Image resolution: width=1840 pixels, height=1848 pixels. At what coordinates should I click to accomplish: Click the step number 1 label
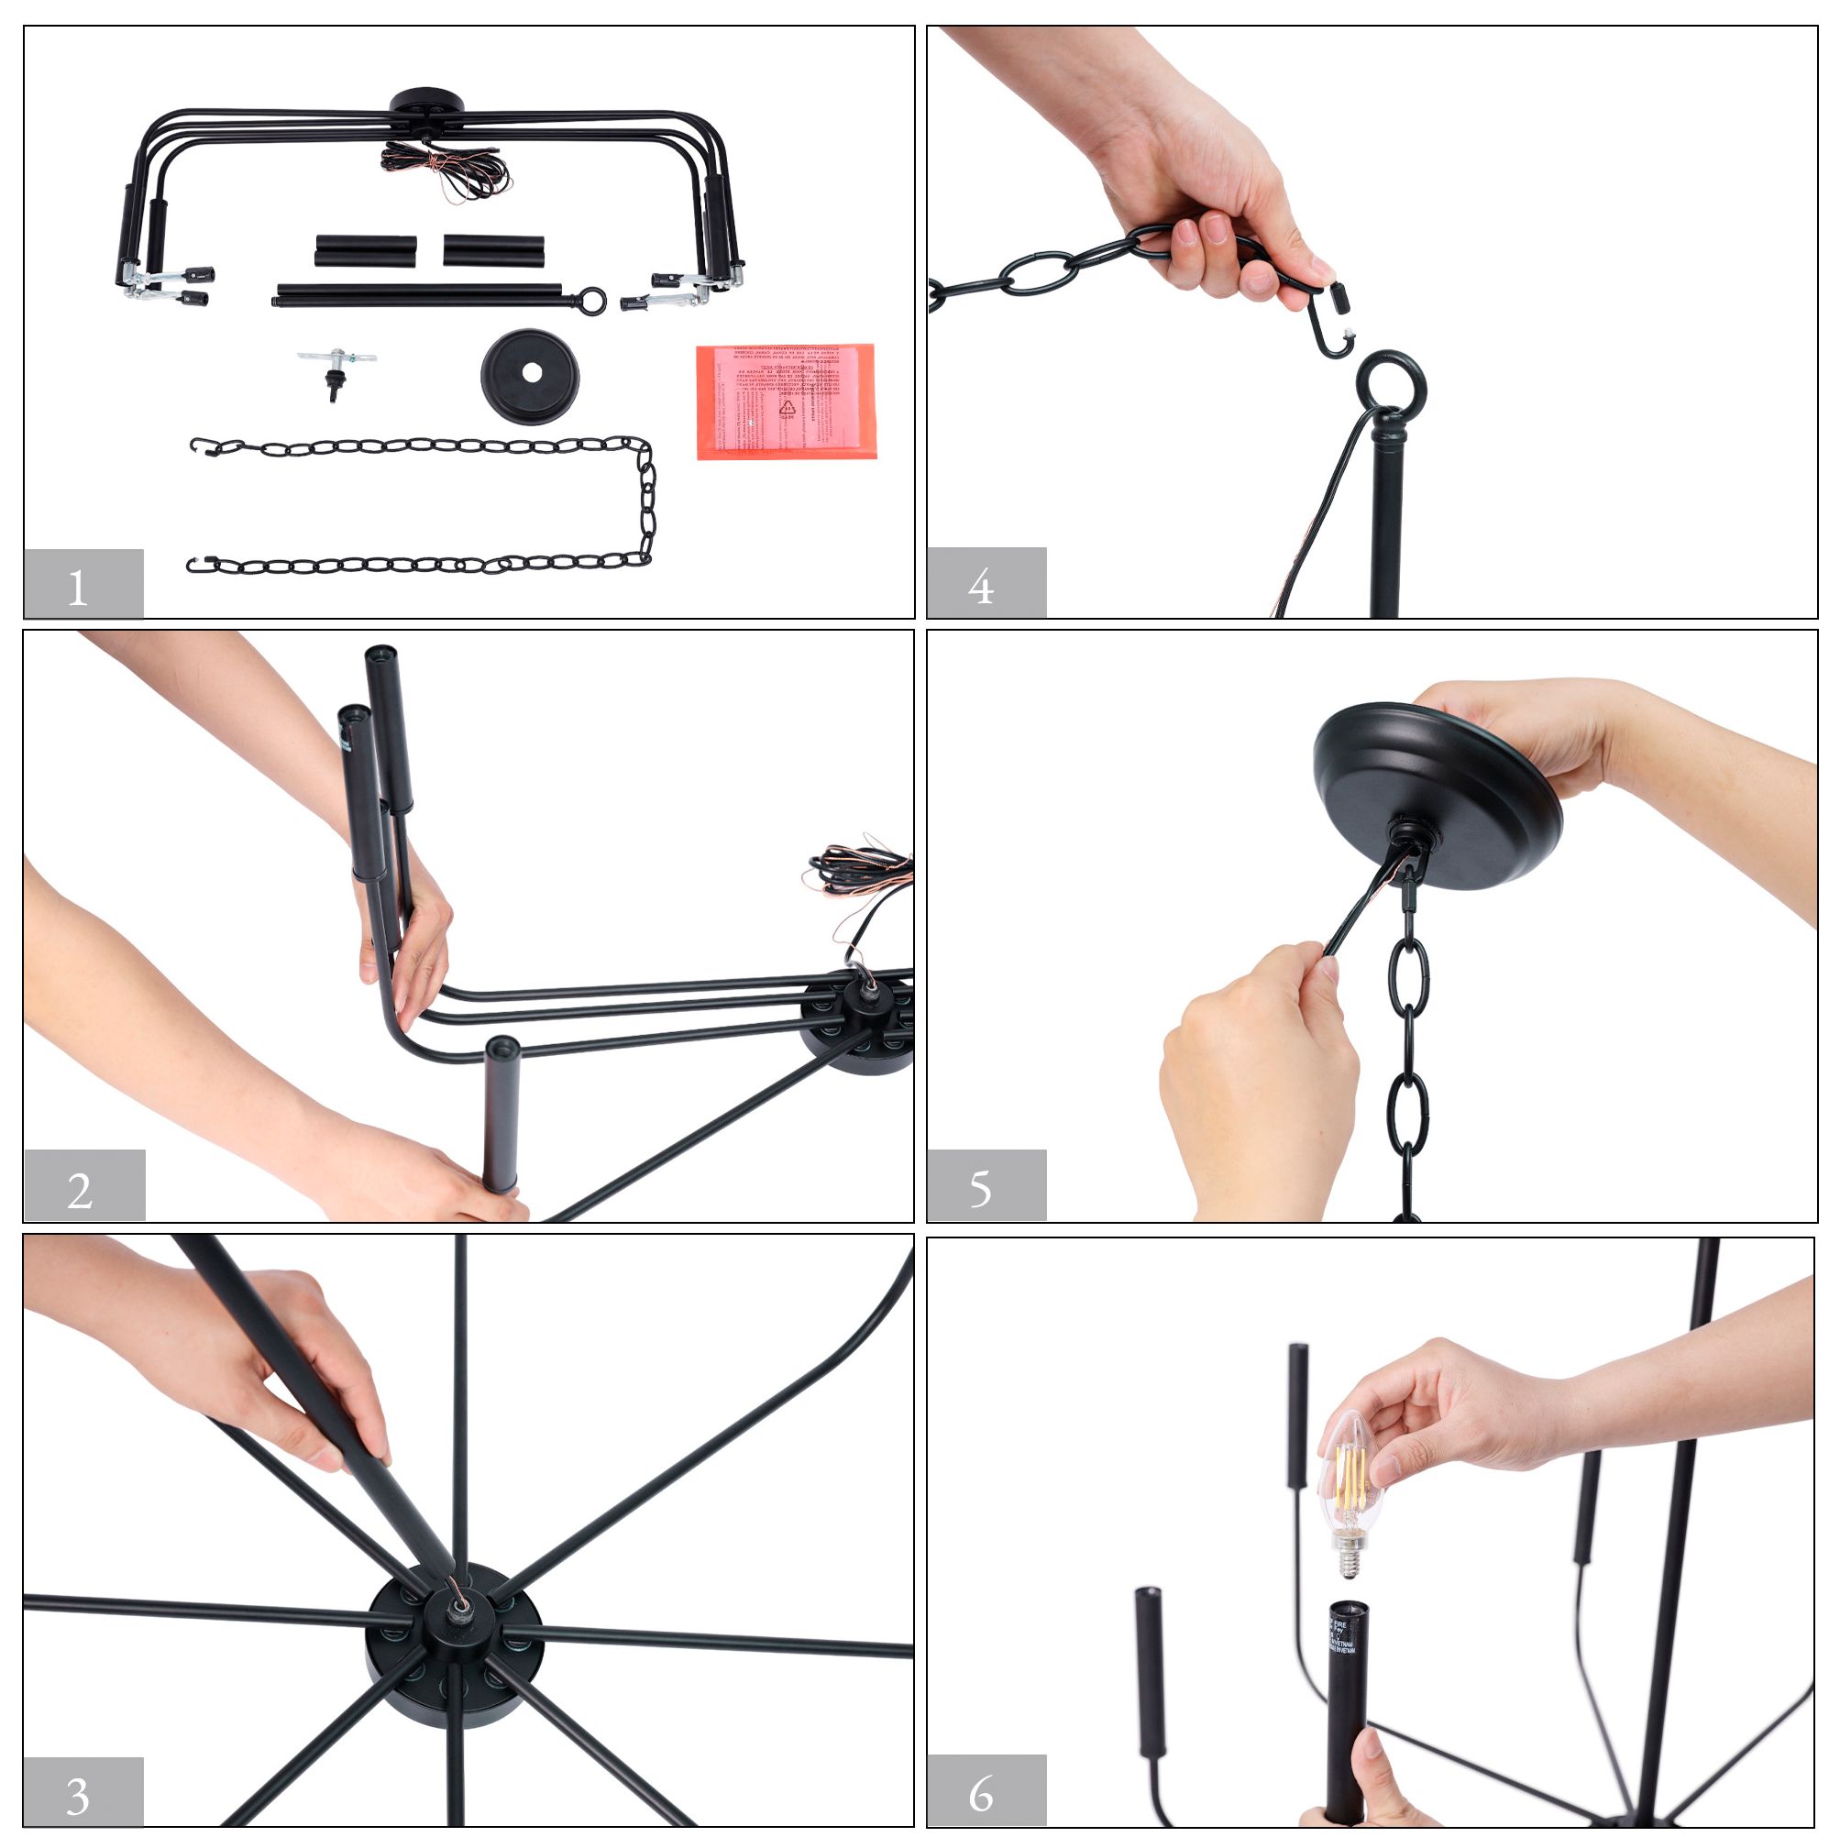(x=83, y=585)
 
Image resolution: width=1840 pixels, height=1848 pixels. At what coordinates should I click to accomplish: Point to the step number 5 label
(x=986, y=1186)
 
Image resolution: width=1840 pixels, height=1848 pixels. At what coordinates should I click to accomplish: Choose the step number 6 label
(x=986, y=1791)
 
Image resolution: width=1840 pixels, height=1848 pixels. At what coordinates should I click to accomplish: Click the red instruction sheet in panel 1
(x=786, y=401)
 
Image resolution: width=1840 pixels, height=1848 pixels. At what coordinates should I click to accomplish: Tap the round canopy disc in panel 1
(x=530, y=375)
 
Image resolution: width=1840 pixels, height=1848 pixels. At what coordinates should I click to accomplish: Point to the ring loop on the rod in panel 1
(x=592, y=301)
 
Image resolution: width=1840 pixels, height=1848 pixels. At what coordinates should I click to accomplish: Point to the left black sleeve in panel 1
(x=366, y=250)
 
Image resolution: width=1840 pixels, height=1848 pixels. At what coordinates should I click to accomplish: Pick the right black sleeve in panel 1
(x=494, y=250)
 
